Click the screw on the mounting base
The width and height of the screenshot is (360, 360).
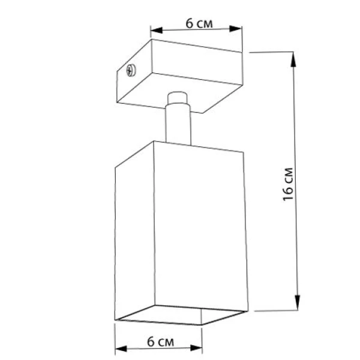pos(131,70)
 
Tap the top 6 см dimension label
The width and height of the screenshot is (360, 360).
pos(199,23)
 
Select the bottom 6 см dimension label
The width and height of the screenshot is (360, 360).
pos(160,341)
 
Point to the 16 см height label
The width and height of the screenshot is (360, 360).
pos(288,184)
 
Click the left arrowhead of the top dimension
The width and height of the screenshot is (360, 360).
pos(157,30)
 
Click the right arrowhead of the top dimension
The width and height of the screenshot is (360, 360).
pos(235,29)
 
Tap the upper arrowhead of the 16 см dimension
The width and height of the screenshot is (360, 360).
pos(293,59)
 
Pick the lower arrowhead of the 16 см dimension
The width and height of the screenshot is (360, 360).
pos(298,302)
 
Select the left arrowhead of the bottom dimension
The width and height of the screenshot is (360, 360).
pos(121,349)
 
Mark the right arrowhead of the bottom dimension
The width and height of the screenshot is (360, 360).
pos(196,348)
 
